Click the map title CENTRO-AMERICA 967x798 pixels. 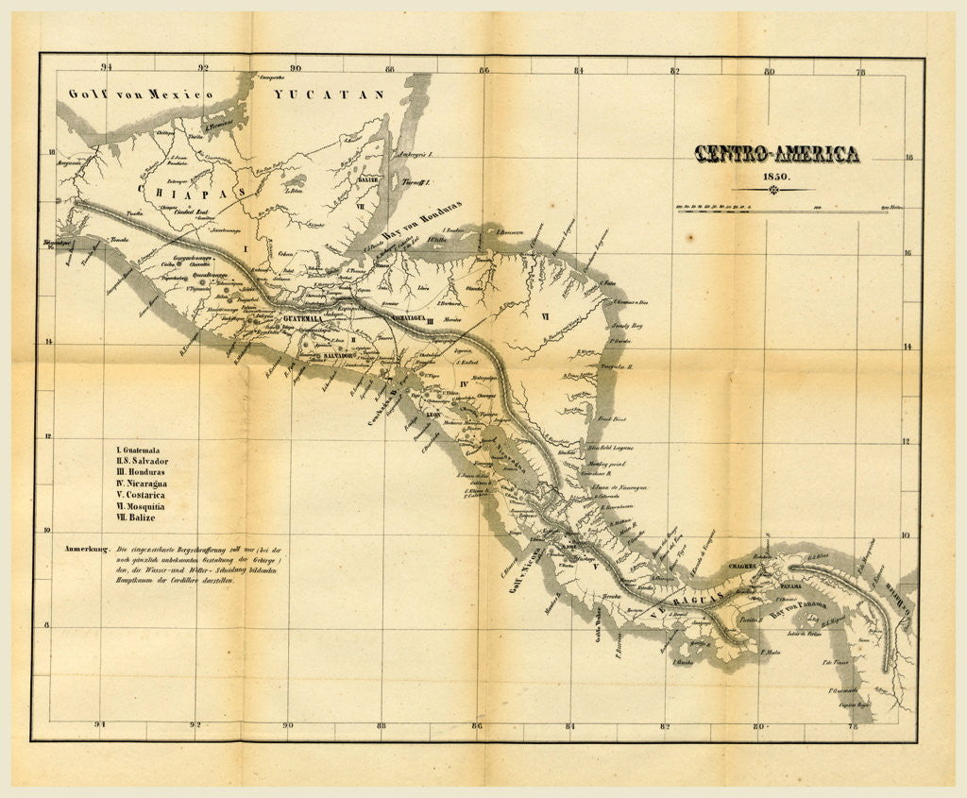pos(777,155)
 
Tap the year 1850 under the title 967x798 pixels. pos(778,177)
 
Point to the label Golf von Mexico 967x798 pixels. pos(140,94)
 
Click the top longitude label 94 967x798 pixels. pos(107,67)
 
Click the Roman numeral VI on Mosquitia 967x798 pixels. pos(545,317)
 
